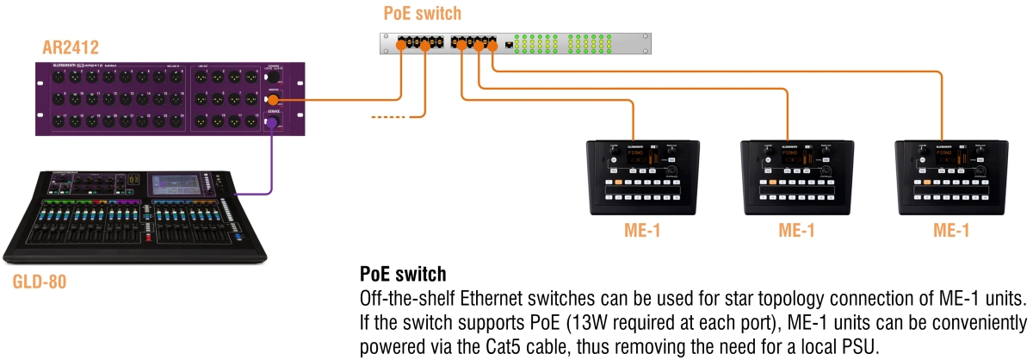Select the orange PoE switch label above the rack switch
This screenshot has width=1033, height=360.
pyautogui.click(x=424, y=14)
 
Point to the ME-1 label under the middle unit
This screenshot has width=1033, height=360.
pyautogui.click(x=796, y=231)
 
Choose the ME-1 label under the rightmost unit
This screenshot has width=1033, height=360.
pyautogui.click(x=951, y=231)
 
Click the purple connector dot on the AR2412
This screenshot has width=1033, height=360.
pyautogui.click(x=273, y=126)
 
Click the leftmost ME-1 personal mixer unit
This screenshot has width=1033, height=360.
pyautogui.click(x=634, y=176)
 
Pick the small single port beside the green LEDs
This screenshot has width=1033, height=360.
pyautogui.click(x=510, y=43)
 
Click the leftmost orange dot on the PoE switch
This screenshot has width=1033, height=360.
pyautogui.click(x=401, y=44)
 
